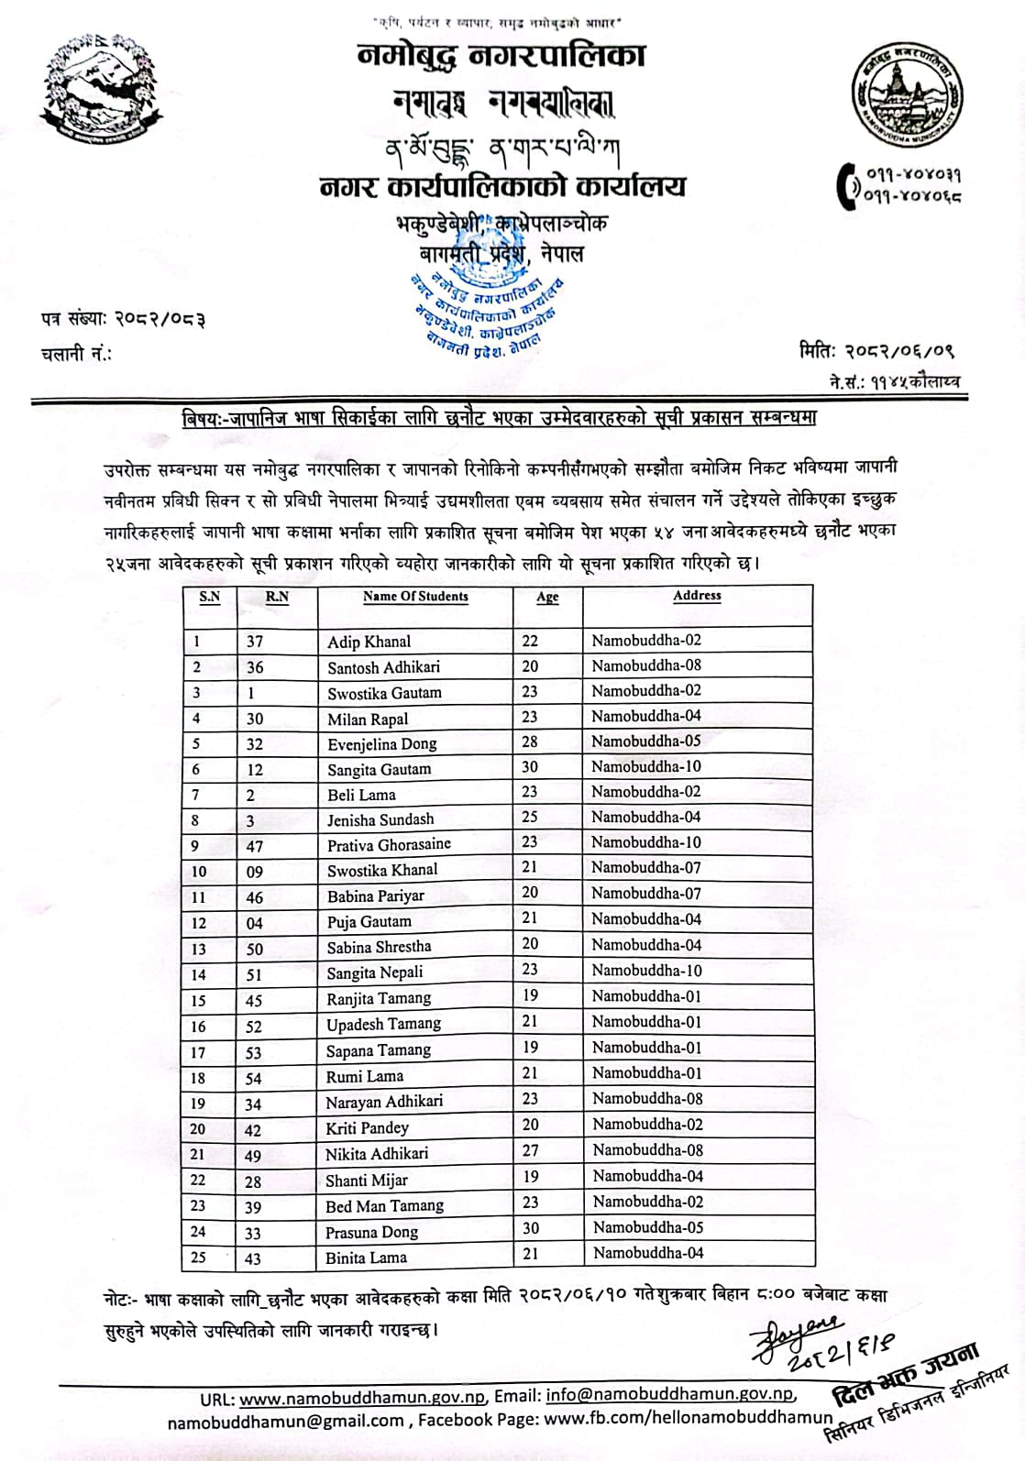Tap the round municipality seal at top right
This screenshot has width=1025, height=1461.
point(907,93)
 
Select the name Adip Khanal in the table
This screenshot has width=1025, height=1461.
point(369,642)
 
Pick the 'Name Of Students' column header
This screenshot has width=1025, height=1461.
point(415,597)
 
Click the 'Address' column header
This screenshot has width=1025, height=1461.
point(697,596)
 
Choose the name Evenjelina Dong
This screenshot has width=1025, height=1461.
point(381,744)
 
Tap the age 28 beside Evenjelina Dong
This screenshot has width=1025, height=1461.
point(530,741)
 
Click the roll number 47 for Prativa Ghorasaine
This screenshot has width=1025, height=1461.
point(255,846)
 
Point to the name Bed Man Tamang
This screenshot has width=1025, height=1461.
point(384,1206)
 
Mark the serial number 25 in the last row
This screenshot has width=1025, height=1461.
point(198,1258)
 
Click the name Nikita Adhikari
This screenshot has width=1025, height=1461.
point(377,1154)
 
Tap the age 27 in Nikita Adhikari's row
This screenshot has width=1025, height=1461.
point(530,1151)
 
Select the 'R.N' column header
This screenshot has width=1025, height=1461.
point(277,597)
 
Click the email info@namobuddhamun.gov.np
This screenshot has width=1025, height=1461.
point(670,1395)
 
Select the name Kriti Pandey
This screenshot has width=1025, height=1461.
point(367,1128)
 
